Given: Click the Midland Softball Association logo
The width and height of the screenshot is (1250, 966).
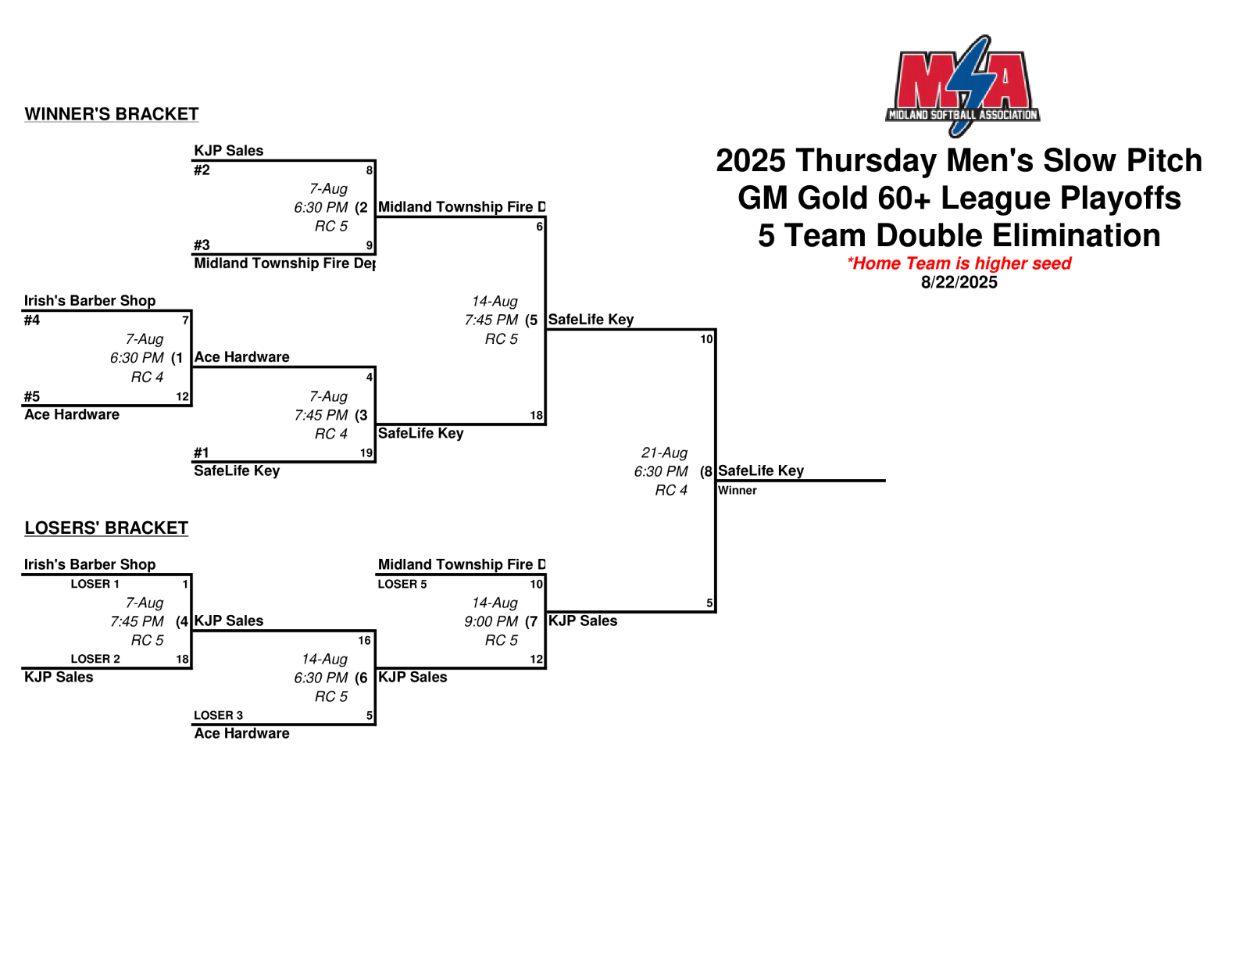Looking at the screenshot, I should [962, 85].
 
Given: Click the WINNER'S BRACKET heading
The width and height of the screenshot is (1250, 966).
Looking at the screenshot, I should [112, 114].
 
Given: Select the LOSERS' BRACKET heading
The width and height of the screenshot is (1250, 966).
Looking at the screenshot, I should [106, 528].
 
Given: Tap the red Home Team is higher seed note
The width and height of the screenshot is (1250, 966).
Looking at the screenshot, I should [959, 263].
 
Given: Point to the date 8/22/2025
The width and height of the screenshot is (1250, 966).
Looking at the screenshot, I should [959, 282].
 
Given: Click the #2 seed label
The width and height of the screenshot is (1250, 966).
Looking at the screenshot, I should [202, 170].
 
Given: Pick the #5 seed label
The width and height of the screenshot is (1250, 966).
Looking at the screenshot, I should [32, 396].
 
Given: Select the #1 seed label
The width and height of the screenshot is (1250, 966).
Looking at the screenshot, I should [202, 453].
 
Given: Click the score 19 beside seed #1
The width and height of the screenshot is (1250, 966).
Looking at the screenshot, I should [366, 453].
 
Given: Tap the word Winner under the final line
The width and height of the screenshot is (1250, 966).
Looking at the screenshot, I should [737, 491].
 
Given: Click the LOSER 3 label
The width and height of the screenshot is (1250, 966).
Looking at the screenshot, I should [218, 715].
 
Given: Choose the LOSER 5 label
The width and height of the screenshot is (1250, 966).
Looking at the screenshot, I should [402, 584].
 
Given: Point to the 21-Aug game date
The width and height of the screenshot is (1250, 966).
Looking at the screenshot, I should [664, 453].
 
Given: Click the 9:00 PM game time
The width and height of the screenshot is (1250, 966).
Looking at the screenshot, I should [491, 621].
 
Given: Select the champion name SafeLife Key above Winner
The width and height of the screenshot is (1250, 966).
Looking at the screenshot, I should [760, 470].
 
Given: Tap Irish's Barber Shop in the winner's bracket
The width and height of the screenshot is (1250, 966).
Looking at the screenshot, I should [90, 301].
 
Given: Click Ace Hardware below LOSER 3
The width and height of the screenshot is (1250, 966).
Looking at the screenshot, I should [241, 733].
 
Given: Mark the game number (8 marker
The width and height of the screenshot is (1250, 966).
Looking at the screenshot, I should [706, 471].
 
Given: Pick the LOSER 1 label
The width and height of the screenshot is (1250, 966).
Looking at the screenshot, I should [95, 584].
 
